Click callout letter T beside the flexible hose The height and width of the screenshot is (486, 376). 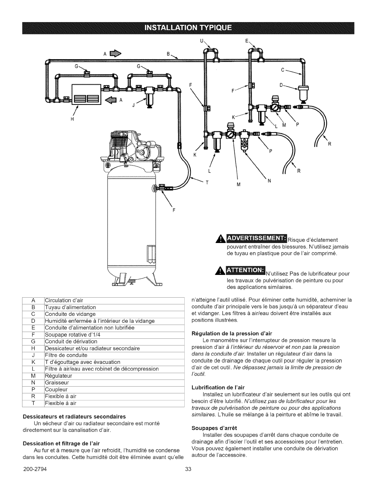pos(207,182)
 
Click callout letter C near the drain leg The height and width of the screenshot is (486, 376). pos(282,69)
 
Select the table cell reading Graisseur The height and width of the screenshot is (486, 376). pos(57,383)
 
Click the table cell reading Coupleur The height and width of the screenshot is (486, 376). pos(56,390)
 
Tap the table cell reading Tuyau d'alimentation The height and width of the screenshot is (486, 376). pos(70,307)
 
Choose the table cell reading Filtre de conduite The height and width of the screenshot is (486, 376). pos(66,355)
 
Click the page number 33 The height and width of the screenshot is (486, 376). pos(188,478)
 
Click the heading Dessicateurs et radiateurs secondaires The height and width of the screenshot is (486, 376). pos(74,416)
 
